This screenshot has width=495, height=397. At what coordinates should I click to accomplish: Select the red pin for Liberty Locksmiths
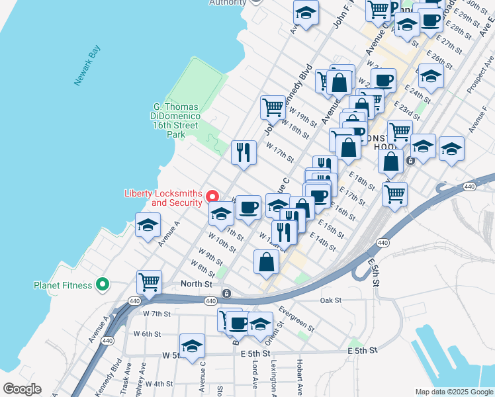pos(212,196)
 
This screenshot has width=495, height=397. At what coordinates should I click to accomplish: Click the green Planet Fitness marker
pos(102,285)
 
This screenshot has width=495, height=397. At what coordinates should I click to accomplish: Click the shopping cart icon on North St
pos(149,282)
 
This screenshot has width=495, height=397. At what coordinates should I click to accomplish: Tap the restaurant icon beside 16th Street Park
pos(244,152)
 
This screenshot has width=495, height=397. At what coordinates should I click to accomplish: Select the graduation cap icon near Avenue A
pos(148,224)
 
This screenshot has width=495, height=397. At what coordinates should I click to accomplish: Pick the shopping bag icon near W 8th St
pos(265,261)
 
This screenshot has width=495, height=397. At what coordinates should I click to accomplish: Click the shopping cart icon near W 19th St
pos(273,107)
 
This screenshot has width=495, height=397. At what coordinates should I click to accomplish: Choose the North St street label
pos(196,285)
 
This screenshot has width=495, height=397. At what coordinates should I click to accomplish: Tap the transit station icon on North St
pos(226,293)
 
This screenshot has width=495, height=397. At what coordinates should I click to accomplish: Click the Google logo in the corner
pos(22,389)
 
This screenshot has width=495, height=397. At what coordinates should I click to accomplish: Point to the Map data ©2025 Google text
pos(453,392)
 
